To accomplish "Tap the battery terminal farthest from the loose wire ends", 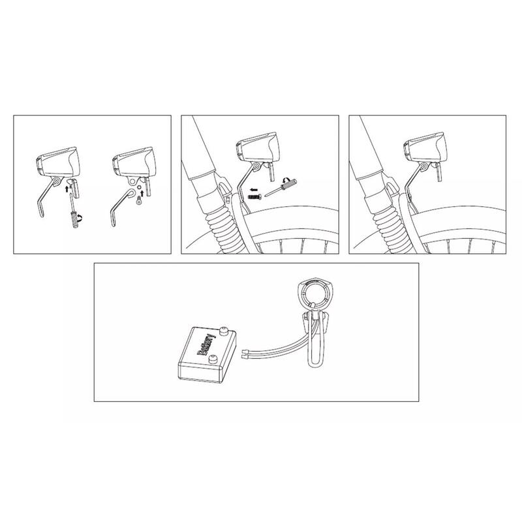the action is coord(224,331).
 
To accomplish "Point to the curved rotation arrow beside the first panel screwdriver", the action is coord(80,219).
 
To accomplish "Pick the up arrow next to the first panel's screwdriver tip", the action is coord(67,189).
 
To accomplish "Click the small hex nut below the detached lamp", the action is coord(139,193).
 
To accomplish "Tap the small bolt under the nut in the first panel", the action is coord(138,201).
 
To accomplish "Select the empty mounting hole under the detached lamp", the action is coord(134,182).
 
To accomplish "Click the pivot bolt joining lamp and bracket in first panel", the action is coord(57,181).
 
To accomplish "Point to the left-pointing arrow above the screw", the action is coord(254,189).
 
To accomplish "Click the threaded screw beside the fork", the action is coord(255,197).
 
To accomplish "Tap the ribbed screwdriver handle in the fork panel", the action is coord(289,185).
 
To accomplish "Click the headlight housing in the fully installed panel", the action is coord(425,146).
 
